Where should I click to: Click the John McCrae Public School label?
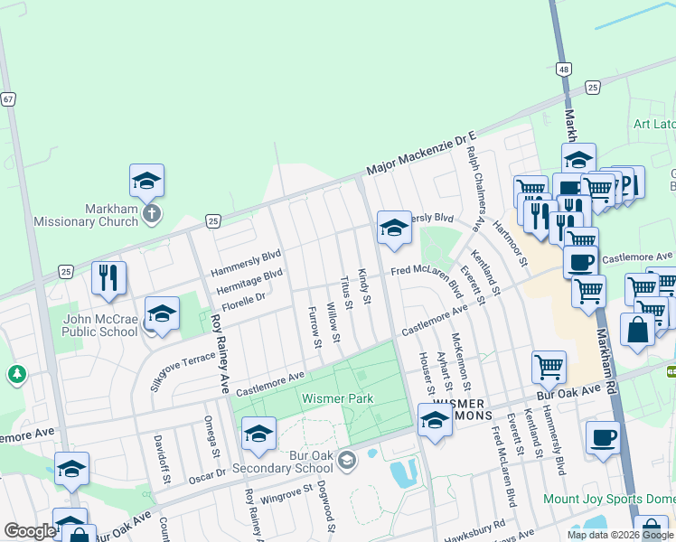click(99, 324)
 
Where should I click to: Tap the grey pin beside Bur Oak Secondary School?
click(344, 463)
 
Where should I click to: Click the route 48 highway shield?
click(563, 69)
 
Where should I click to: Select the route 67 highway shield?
click(8, 99)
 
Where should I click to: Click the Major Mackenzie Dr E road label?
click(420, 153)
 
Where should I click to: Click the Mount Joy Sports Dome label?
click(608, 499)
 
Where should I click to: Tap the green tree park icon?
click(15, 373)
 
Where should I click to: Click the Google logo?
click(30, 531)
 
